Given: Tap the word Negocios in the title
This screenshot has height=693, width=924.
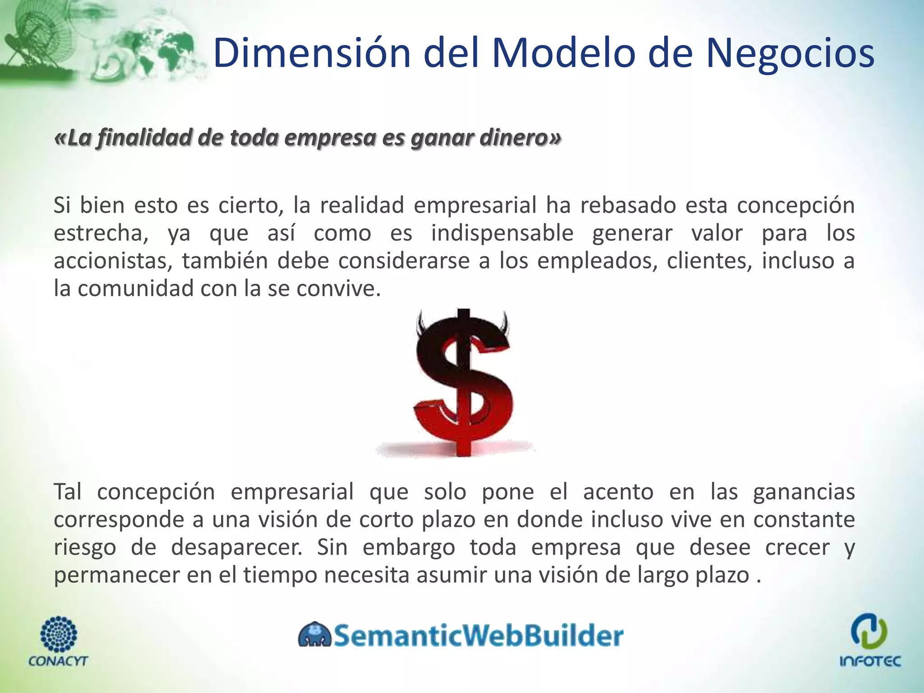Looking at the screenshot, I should point(790,54).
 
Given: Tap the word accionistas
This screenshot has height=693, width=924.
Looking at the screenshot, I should point(111,261).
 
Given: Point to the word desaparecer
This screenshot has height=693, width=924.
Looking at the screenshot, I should point(237,548).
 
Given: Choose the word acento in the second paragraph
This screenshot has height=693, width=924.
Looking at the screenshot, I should point(618,492).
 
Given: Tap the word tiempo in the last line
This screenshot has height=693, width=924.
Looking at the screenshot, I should point(280,575).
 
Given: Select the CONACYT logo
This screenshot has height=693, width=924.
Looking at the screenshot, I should point(58,641).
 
